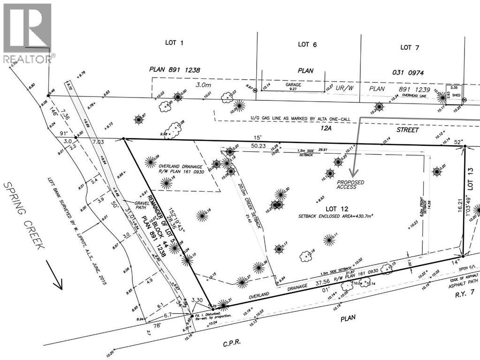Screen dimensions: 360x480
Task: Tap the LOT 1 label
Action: (x=174, y=43)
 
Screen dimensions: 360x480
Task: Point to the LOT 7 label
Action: (x=406, y=47)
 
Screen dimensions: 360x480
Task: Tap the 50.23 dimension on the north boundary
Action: (x=259, y=146)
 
